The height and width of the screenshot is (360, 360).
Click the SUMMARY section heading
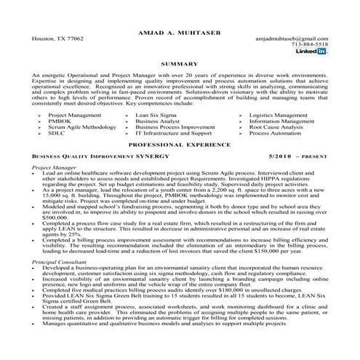pos(180,65)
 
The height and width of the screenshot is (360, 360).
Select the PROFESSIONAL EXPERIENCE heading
pos(180,145)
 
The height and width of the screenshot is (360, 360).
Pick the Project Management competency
pos(74,115)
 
